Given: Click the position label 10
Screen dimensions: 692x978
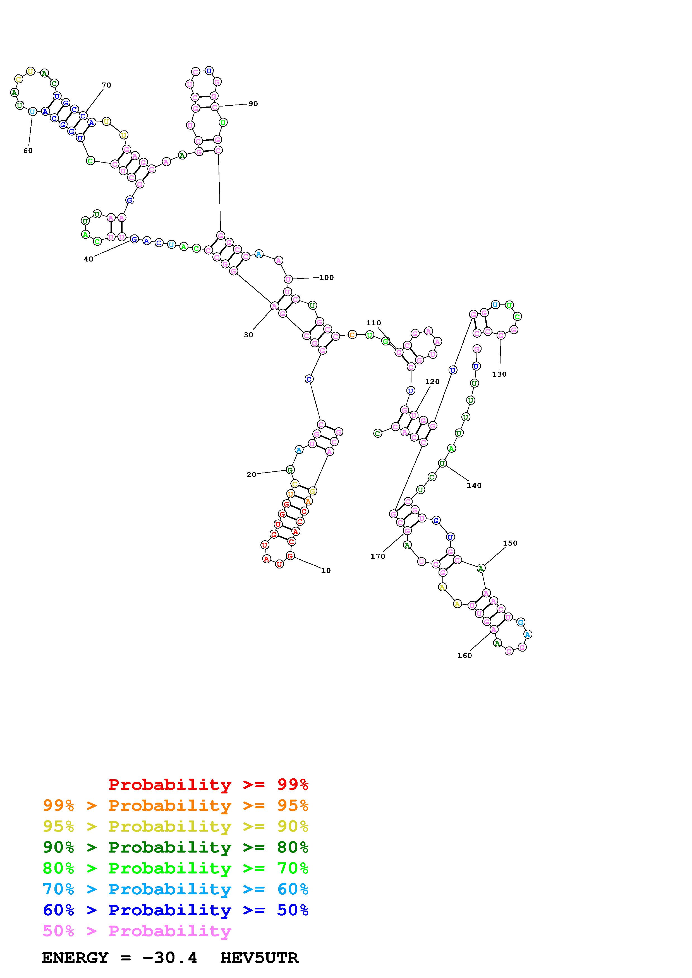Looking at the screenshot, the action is pyautogui.click(x=326, y=571).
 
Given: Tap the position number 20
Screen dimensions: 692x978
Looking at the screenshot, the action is pyautogui.click(x=251, y=475).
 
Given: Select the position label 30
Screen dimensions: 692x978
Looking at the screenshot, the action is pyautogui.click(x=248, y=335).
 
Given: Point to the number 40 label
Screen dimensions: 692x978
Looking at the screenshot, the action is pyautogui.click(x=88, y=259).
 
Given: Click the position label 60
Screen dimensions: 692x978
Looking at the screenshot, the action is pyautogui.click(x=28, y=150).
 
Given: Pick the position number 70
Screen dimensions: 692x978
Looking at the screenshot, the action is pyautogui.click(x=106, y=85).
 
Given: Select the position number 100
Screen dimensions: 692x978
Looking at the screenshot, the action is pyautogui.click(x=327, y=277).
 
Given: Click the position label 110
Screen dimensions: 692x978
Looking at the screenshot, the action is pyautogui.click(x=373, y=323).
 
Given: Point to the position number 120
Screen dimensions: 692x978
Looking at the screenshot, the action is pyautogui.click(x=432, y=382).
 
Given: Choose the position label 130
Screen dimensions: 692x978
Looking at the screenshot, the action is pyautogui.click(x=499, y=374).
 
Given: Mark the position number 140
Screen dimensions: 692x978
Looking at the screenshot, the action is pyautogui.click(x=474, y=485).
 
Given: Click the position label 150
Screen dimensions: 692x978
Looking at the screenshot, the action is pyautogui.click(x=510, y=543).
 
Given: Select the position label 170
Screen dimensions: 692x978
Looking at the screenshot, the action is pyautogui.click(x=378, y=556).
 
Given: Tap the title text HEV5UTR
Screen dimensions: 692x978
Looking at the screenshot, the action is pyautogui.click(x=259, y=958).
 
